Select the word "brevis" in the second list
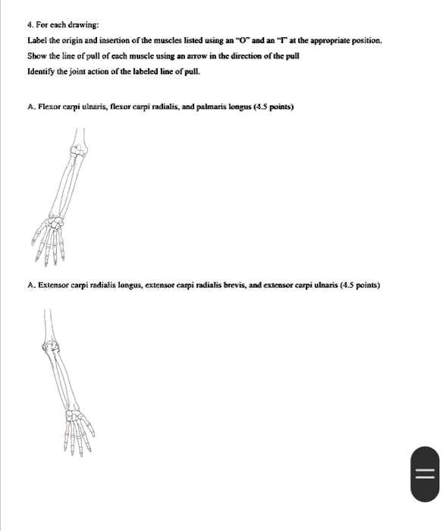click(233, 285)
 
